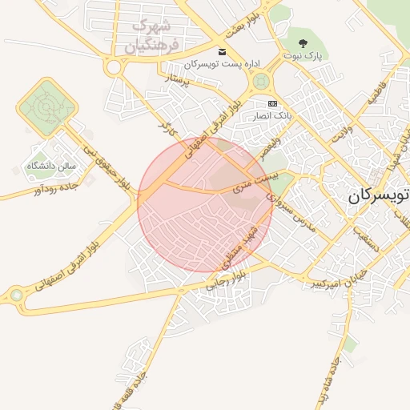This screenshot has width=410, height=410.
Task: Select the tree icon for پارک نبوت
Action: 303,43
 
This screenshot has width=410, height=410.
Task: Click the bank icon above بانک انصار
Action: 273,104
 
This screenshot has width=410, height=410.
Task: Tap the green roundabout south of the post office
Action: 260,82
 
